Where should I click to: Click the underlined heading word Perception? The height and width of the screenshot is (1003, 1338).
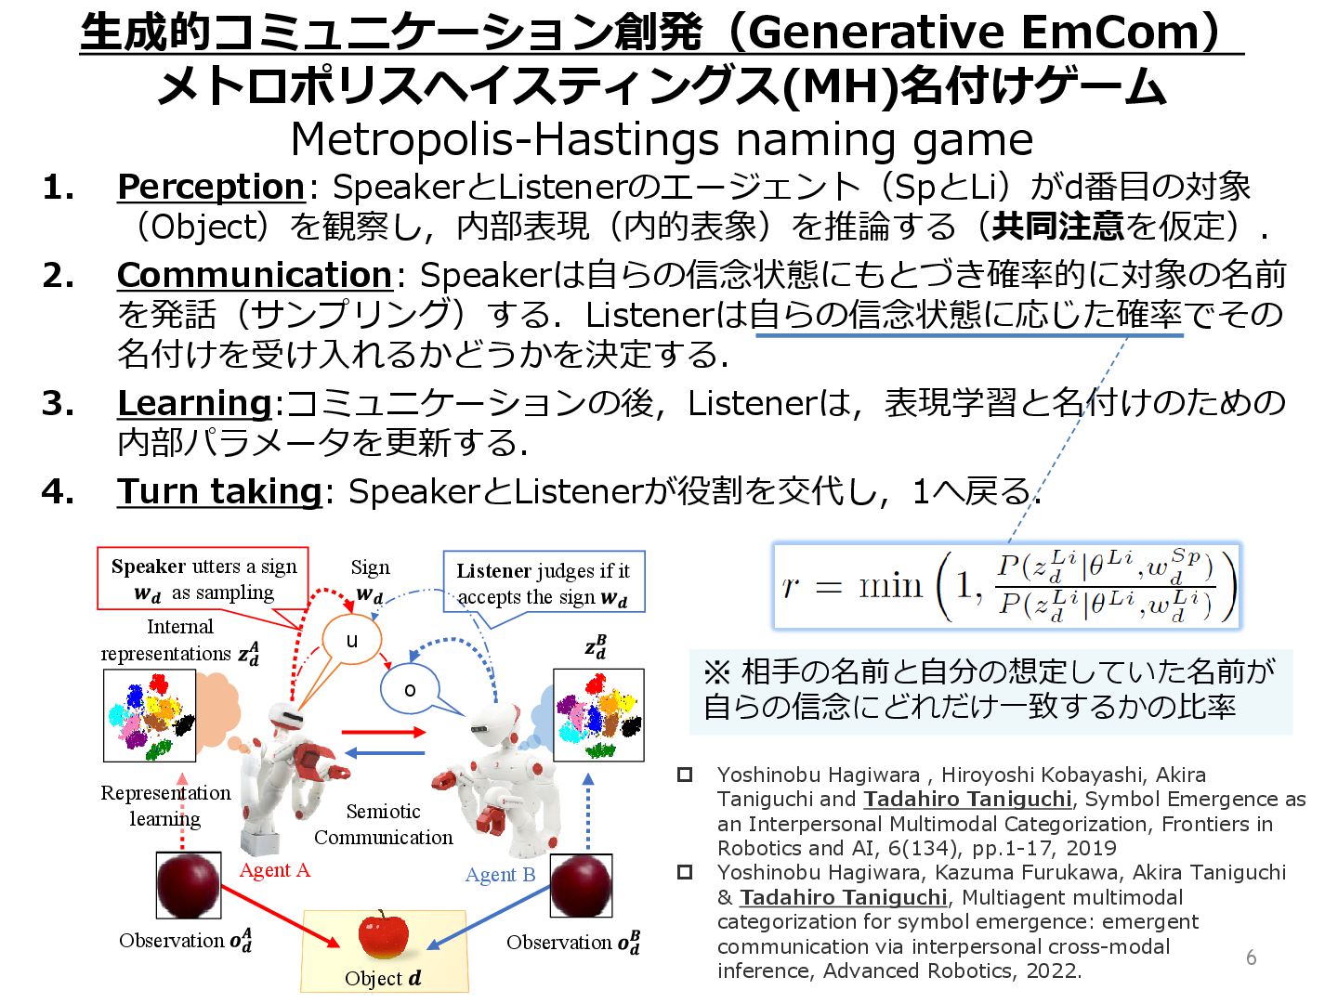[x=211, y=187]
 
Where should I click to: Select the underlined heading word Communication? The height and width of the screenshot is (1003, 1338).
[x=255, y=275]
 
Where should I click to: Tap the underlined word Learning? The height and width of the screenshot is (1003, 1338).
[x=194, y=403]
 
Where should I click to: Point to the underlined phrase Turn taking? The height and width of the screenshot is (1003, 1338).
[x=219, y=491]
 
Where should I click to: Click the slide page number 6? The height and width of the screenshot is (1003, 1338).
[x=1251, y=957]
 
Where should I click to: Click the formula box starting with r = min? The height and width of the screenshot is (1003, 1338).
[x=1006, y=586]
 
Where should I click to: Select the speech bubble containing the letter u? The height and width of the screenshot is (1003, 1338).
[x=351, y=640]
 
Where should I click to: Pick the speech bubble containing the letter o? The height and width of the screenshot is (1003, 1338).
[x=410, y=689]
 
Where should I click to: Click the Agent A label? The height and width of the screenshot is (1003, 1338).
[x=274, y=870]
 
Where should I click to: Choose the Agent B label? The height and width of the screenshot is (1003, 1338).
[x=500, y=875]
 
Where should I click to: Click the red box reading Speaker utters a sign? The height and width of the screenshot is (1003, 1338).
[x=203, y=579]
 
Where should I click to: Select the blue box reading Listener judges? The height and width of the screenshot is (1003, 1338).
[x=543, y=583]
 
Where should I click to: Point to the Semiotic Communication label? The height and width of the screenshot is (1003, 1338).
[x=383, y=824]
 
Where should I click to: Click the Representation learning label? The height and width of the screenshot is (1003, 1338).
[x=165, y=805]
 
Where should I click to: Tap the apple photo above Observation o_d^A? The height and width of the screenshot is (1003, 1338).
[x=188, y=885]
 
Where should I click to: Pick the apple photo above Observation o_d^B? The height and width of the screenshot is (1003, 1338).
[x=582, y=885]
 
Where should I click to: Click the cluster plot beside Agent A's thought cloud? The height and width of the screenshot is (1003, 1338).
[x=150, y=716]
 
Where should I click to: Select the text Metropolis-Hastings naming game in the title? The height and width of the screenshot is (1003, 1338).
[x=662, y=139]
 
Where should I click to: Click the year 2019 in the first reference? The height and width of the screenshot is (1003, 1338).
[x=1091, y=848]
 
